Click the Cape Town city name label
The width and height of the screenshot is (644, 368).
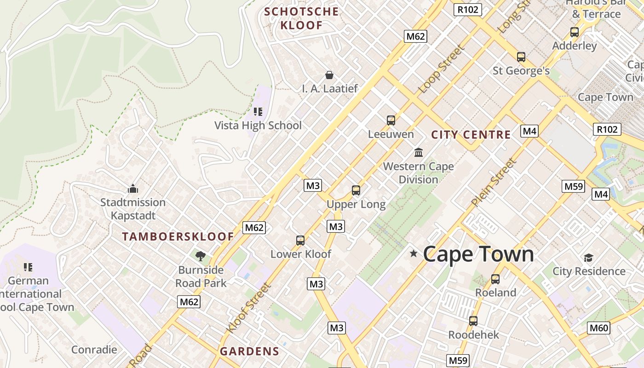coord(478,254)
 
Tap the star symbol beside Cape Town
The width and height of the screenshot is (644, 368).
coord(414,253)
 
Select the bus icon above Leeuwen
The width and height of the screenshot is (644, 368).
coord(391,121)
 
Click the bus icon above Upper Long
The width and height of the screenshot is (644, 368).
coord(356,190)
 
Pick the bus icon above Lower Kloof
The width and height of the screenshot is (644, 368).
coord(300,240)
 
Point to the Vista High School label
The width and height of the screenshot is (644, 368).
coord(258,125)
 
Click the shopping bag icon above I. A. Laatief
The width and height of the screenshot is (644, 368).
coord(329,75)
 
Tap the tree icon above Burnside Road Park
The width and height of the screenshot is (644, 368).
coord(200,256)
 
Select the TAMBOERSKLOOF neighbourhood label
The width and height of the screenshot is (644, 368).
coord(178,237)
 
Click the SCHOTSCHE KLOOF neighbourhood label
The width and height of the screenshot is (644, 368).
coord(302,18)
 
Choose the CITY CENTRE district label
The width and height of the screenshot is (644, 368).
coord(471,135)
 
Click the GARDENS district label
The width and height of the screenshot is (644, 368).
coord(249,351)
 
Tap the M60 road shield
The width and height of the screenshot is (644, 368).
coord(599,328)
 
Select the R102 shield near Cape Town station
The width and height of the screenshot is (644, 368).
coord(607,129)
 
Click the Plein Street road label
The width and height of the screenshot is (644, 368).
coord(494,182)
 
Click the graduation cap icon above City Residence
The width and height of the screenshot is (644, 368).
coord(588,258)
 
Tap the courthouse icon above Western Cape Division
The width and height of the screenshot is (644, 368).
coord(419,152)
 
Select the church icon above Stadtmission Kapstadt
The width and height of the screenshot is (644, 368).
coord(133,189)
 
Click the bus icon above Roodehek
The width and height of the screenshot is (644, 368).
coord(473,321)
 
